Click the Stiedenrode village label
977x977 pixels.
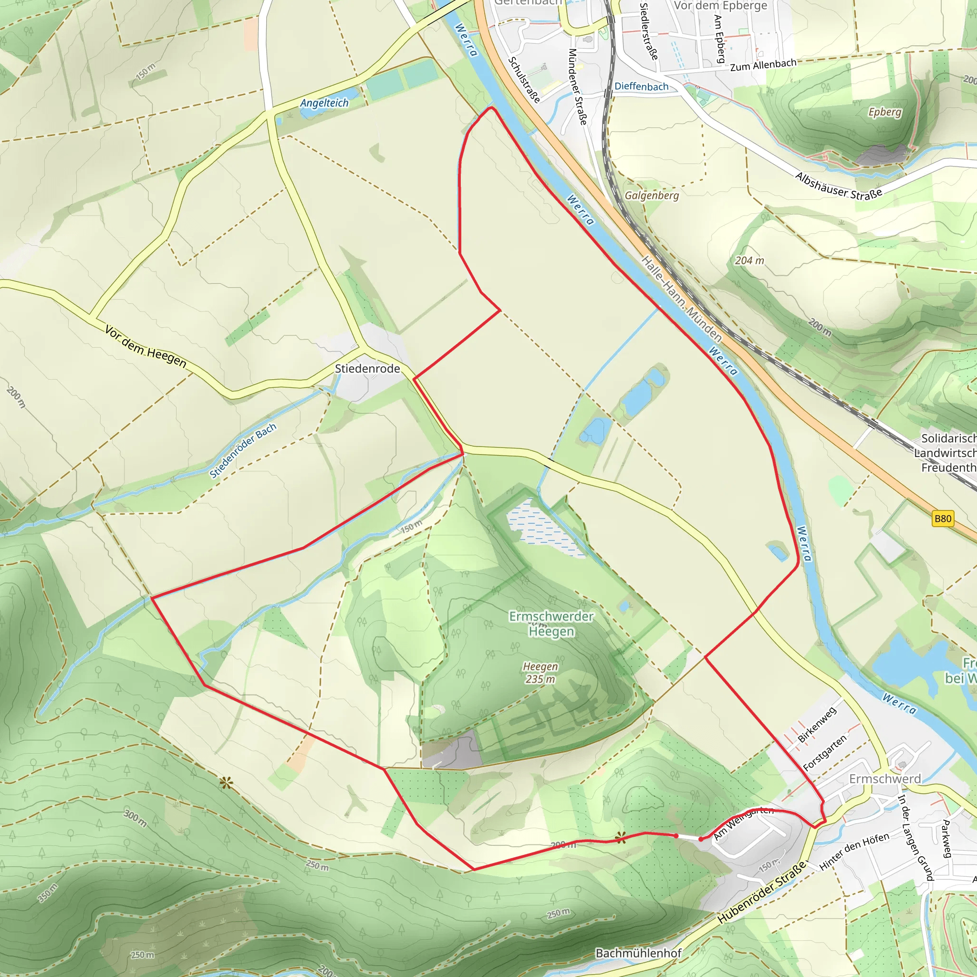[x=367, y=369]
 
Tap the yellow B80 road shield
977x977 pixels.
[x=943, y=519]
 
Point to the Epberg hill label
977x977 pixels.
[x=884, y=112]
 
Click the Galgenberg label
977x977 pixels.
[x=651, y=195]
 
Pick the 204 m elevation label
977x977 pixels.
[x=749, y=260]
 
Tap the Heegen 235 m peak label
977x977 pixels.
[x=540, y=673]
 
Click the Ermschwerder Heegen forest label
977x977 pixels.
[x=551, y=624]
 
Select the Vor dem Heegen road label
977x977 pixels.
[x=146, y=346]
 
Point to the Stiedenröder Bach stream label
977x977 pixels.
[x=243, y=450]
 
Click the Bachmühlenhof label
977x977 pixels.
[x=638, y=953]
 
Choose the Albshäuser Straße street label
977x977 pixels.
[x=839, y=186]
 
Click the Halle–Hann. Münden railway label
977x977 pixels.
[x=681, y=298]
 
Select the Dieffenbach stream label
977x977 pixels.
[x=641, y=86]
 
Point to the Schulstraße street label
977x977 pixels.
[x=524, y=79]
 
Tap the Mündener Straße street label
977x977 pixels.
[x=578, y=86]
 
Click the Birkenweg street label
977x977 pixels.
[x=817, y=725]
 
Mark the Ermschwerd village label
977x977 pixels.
[x=884, y=779]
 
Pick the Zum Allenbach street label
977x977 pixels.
[x=763, y=65]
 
